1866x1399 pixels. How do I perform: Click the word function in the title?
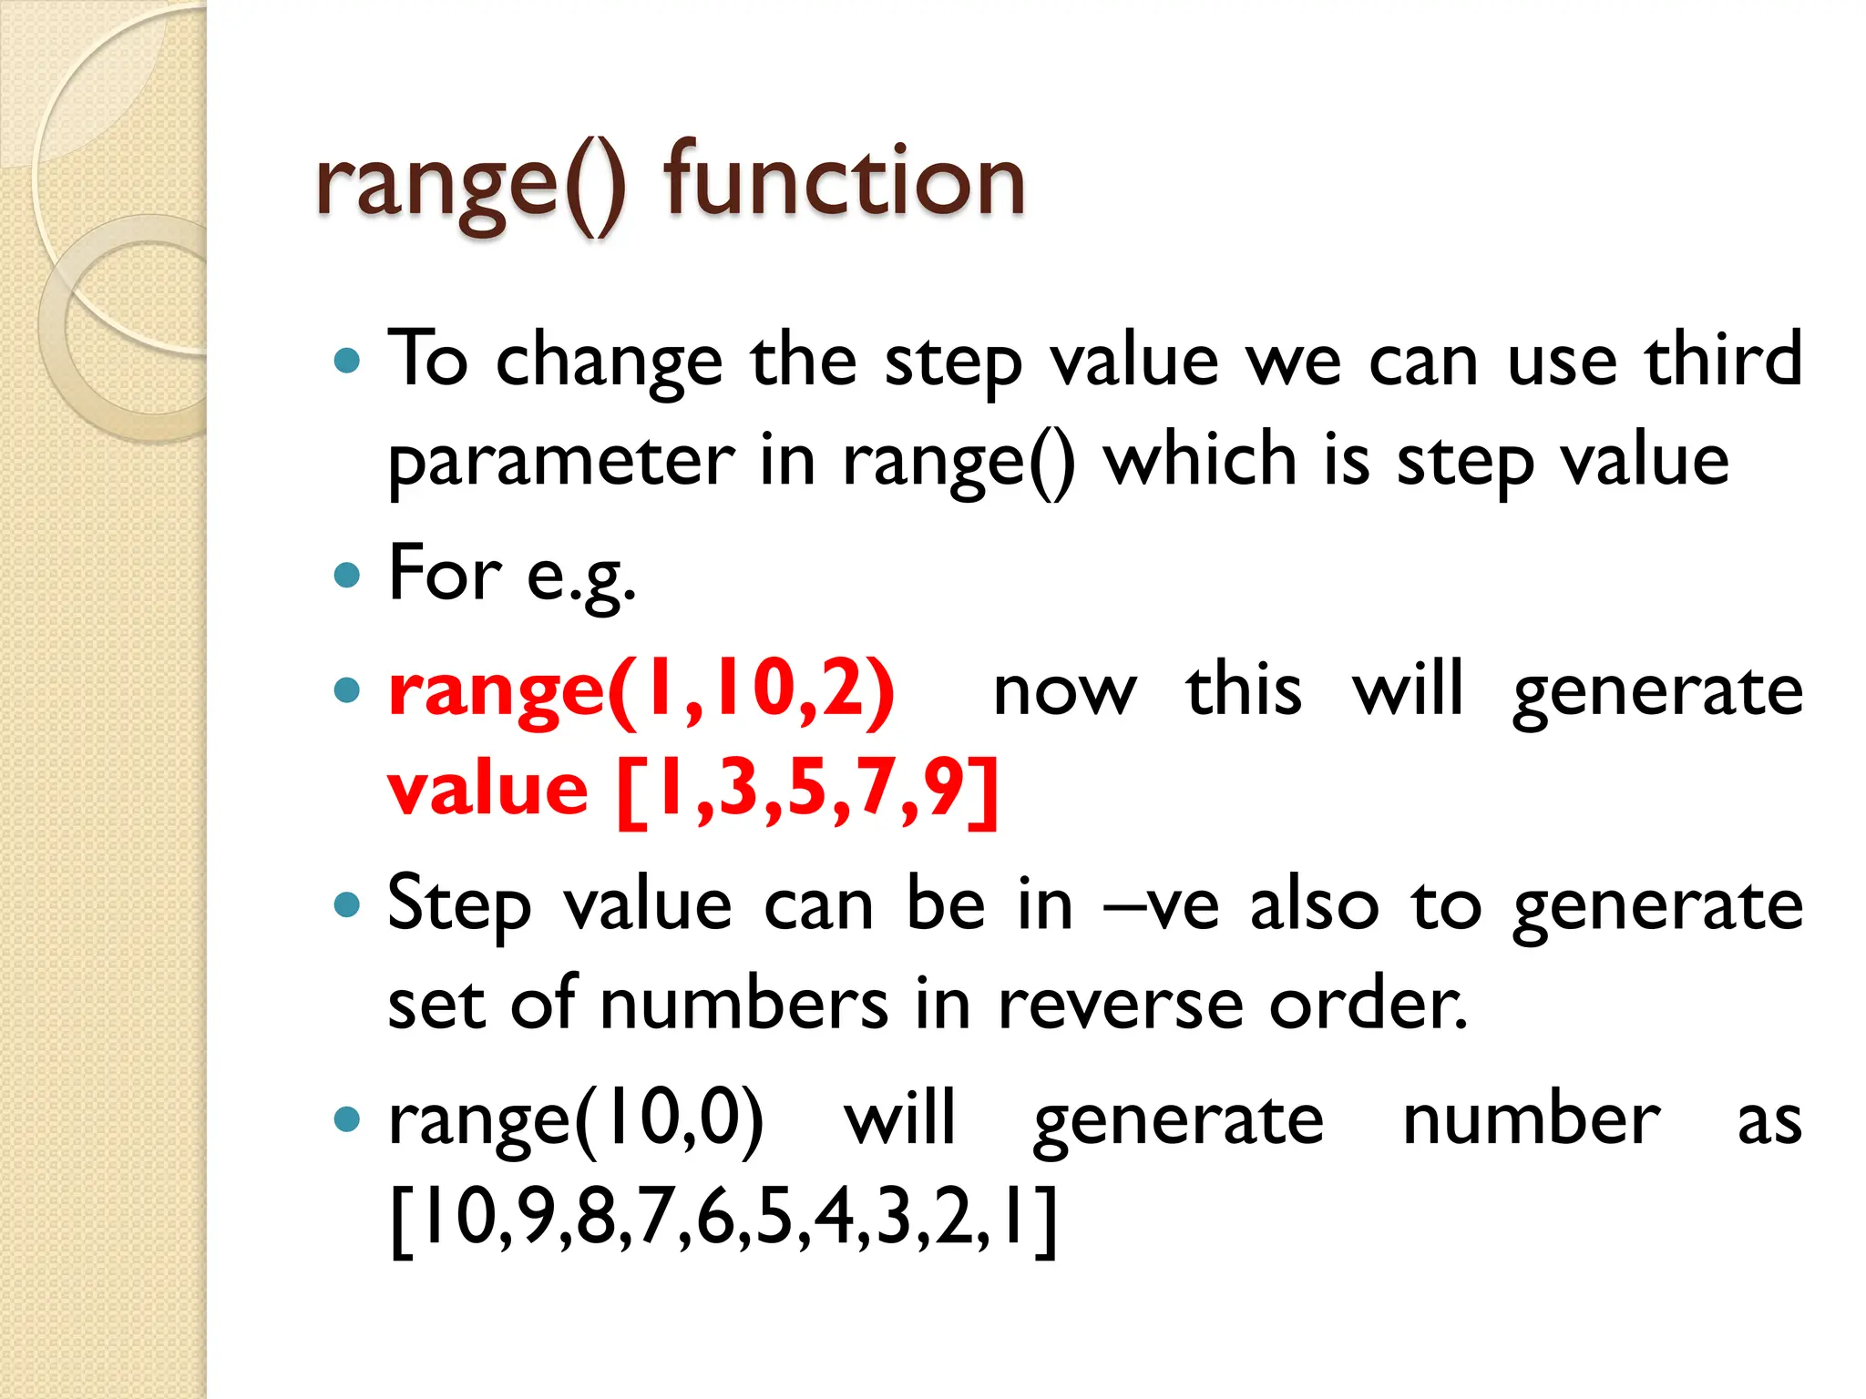(x=844, y=182)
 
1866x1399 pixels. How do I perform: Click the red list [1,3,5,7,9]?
(x=807, y=790)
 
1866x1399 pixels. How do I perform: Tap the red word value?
(x=487, y=790)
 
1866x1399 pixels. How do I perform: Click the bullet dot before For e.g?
(x=347, y=576)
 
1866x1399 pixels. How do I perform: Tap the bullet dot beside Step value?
(x=347, y=905)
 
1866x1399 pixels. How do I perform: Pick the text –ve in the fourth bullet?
(x=1161, y=907)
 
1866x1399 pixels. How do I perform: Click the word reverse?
(x=1120, y=1006)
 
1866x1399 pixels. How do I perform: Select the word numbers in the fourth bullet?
(x=743, y=1006)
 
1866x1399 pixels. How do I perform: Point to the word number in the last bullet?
(x=1531, y=1120)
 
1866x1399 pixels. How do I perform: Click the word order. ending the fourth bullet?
(x=1369, y=1006)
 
